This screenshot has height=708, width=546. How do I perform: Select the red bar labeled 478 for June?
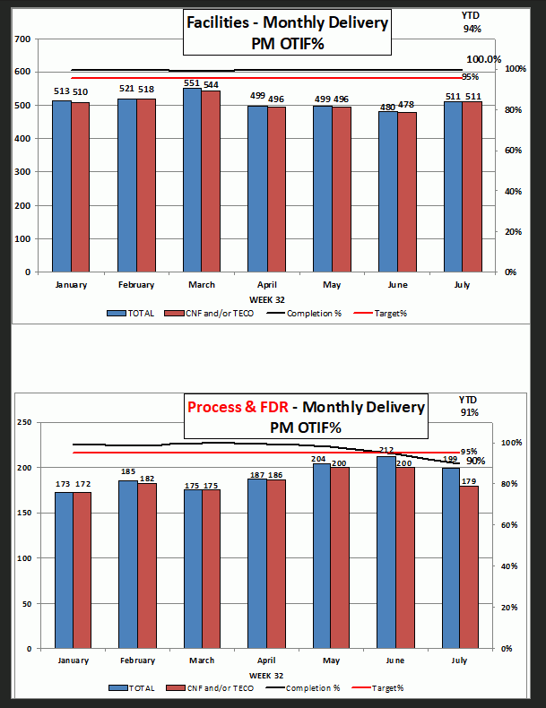pyautogui.click(x=407, y=192)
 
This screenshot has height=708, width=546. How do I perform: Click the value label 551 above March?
pyautogui.click(x=193, y=83)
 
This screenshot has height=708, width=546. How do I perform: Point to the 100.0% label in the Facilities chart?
pyautogui.click(x=484, y=59)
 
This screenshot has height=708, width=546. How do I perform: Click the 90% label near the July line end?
pyautogui.click(x=475, y=461)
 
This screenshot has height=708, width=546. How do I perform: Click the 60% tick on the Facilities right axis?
pyautogui.click(x=514, y=151)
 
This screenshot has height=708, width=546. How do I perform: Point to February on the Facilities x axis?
pyautogui.click(x=136, y=285)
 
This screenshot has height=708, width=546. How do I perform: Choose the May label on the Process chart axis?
pyautogui.click(x=331, y=661)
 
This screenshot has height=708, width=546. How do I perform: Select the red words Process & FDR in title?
pyautogui.click(x=237, y=408)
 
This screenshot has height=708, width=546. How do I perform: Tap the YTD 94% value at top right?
pyautogui.click(x=472, y=29)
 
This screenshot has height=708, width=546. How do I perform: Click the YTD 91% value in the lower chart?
pyautogui.click(x=469, y=412)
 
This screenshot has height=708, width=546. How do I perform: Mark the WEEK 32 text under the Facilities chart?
pyautogui.click(x=266, y=298)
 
